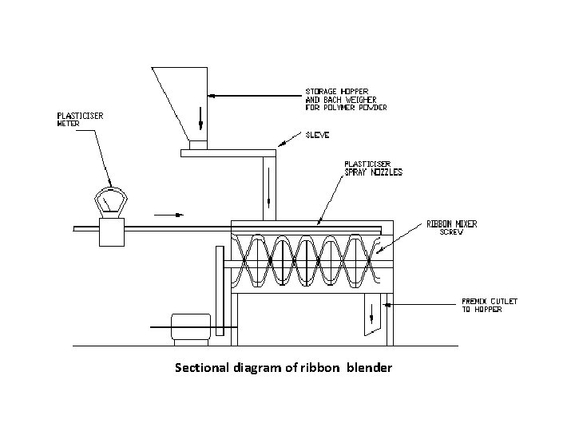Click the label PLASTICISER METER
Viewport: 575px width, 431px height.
pos(79,120)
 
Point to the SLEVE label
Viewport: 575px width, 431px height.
pos(318,136)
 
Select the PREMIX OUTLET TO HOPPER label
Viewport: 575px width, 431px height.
pos(490,305)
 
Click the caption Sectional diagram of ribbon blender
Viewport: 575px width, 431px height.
pos(283,368)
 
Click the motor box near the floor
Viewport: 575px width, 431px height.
pos(191,326)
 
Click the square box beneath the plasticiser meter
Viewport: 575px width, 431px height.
pos(108,231)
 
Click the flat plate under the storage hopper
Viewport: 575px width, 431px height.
pos(224,151)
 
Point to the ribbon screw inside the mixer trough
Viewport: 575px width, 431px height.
pos(307,259)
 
